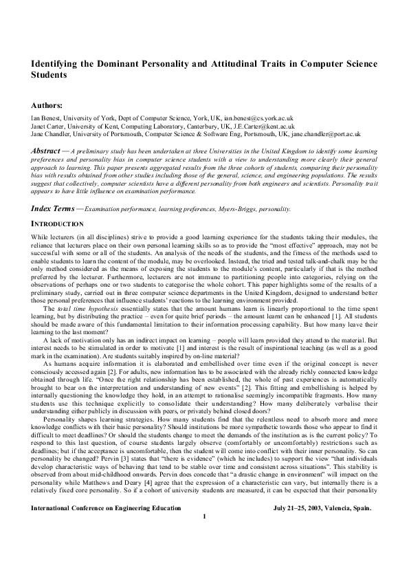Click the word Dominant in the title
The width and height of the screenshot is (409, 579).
tap(119, 63)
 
